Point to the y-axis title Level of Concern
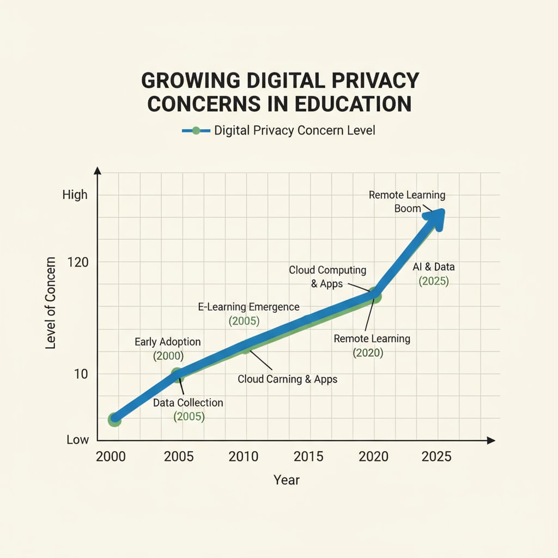pyautogui.click(x=51, y=302)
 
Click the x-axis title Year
pyautogui.click(x=287, y=480)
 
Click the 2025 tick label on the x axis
pyautogui.click(x=436, y=456)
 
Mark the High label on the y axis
pyautogui.click(x=75, y=195)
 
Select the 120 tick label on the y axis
pyautogui.click(x=77, y=262)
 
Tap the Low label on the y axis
pyautogui.click(x=77, y=439)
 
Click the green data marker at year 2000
pyautogui.click(x=114, y=419)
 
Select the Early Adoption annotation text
pyautogui.click(x=168, y=342)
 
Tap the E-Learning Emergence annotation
pyautogui.click(x=248, y=307)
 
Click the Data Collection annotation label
pyautogui.click(x=188, y=403)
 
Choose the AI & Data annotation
pyautogui.click(x=434, y=268)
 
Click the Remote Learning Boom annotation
pyautogui.click(x=407, y=195)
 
